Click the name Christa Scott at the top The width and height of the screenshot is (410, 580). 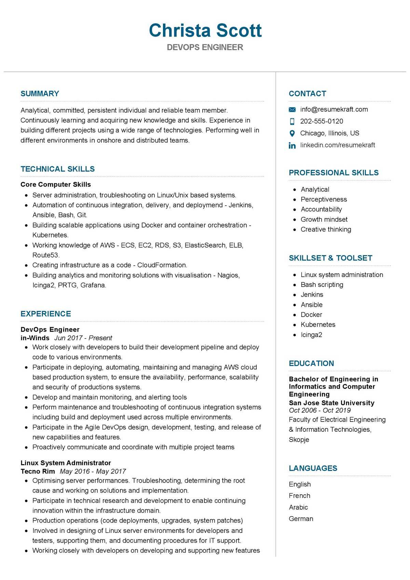pyautogui.click(x=205, y=30)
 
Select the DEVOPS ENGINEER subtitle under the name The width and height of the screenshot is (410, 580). pyautogui.click(x=205, y=47)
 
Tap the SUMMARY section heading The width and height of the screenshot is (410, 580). pyautogui.click(x=40, y=94)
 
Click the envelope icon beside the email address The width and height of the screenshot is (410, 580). pyautogui.click(x=292, y=110)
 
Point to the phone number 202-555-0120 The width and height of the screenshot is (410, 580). pyautogui.click(x=322, y=121)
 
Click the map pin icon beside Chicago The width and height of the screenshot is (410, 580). pyautogui.click(x=292, y=133)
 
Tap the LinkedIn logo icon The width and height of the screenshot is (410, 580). pyautogui.click(x=292, y=146)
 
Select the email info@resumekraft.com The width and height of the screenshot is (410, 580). pyautogui.click(x=334, y=109)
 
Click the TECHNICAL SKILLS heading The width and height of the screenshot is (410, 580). pyautogui.click(x=57, y=169)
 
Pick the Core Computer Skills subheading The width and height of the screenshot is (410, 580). pyautogui.click(x=56, y=184)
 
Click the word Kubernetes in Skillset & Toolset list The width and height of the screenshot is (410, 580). pyautogui.click(x=318, y=324)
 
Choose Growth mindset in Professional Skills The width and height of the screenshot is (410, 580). pyautogui.click(x=324, y=219)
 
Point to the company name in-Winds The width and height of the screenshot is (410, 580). pyautogui.click(x=35, y=338)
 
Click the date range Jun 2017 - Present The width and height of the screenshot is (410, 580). pyautogui.click(x=83, y=338)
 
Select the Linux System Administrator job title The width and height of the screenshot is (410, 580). pyautogui.click(x=66, y=463)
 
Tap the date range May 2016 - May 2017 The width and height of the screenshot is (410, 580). pyautogui.click(x=93, y=471)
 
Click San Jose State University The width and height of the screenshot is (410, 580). pyautogui.click(x=331, y=403)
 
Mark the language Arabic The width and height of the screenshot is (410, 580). pyautogui.click(x=298, y=507)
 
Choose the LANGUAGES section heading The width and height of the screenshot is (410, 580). pyautogui.click(x=313, y=468)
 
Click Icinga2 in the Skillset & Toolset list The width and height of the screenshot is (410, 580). pyautogui.click(x=311, y=335)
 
